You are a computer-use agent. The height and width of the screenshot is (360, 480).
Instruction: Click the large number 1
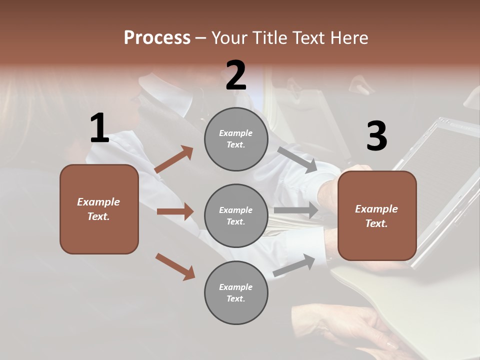(x=99, y=128)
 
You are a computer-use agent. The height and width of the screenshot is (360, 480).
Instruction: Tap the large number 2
(x=236, y=75)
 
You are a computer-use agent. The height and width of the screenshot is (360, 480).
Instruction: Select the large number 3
(x=376, y=136)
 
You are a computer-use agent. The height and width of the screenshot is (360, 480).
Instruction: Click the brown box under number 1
(x=99, y=209)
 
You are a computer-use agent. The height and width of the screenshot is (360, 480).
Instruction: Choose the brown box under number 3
(x=377, y=215)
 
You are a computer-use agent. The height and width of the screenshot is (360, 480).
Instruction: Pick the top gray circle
(x=236, y=139)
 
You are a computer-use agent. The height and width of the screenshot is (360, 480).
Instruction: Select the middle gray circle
(x=236, y=215)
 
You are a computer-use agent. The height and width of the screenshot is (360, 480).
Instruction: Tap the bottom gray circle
(x=236, y=292)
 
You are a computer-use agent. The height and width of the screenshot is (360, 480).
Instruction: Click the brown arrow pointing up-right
(x=174, y=159)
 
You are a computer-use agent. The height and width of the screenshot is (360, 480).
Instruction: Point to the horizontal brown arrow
(x=175, y=211)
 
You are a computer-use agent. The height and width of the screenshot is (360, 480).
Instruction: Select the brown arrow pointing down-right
(x=175, y=266)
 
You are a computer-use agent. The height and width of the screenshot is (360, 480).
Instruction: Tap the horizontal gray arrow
(x=296, y=210)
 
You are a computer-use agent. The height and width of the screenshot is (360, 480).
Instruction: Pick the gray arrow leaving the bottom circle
(x=294, y=265)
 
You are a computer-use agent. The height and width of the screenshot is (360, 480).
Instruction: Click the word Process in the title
(x=157, y=37)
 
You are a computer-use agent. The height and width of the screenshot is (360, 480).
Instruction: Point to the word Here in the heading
(x=348, y=37)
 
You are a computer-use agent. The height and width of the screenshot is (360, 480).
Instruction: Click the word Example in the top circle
(x=235, y=133)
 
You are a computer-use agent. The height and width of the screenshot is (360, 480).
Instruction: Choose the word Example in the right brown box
(x=376, y=209)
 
